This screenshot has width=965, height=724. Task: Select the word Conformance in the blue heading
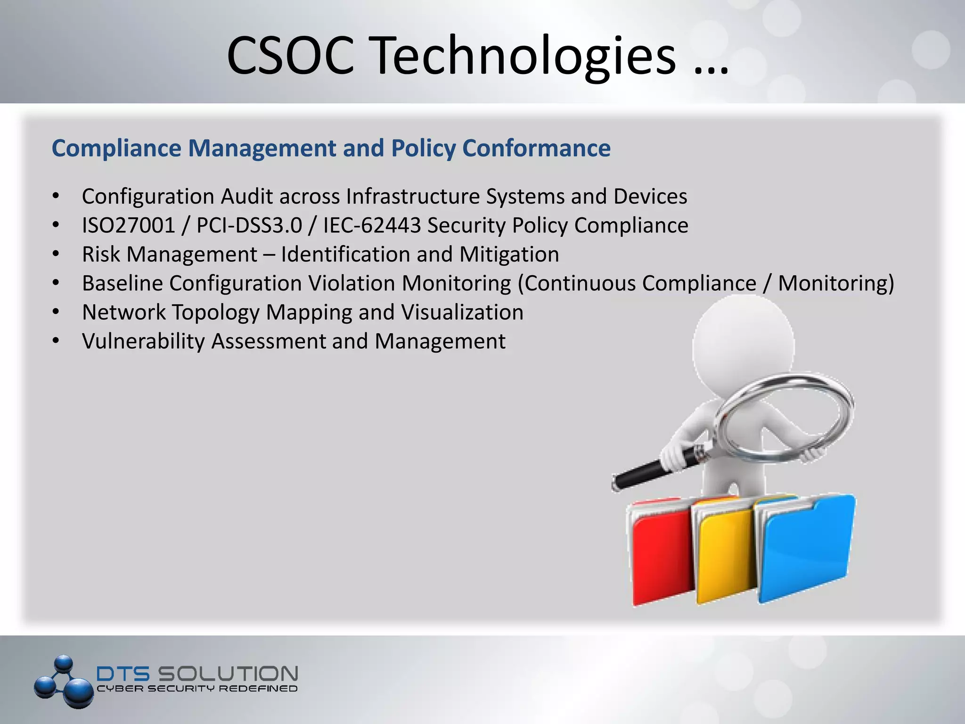point(536,148)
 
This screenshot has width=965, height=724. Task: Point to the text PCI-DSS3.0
point(249,225)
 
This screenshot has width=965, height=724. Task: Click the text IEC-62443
point(371,225)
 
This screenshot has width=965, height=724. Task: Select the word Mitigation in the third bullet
point(509,255)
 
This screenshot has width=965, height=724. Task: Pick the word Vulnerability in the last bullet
point(143,341)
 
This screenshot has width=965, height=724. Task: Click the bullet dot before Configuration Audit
point(56,196)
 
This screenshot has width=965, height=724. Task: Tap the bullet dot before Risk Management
point(56,255)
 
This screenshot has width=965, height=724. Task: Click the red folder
point(660,556)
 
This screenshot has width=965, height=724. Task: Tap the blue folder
point(806,547)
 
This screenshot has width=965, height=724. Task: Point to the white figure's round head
point(743,346)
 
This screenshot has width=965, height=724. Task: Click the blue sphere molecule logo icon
point(64,681)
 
